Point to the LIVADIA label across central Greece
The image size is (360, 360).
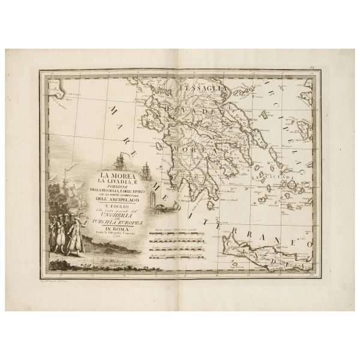click(198, 112)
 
